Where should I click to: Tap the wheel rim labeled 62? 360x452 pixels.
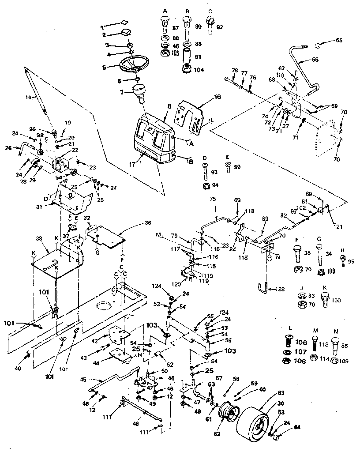tap(228, 414)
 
